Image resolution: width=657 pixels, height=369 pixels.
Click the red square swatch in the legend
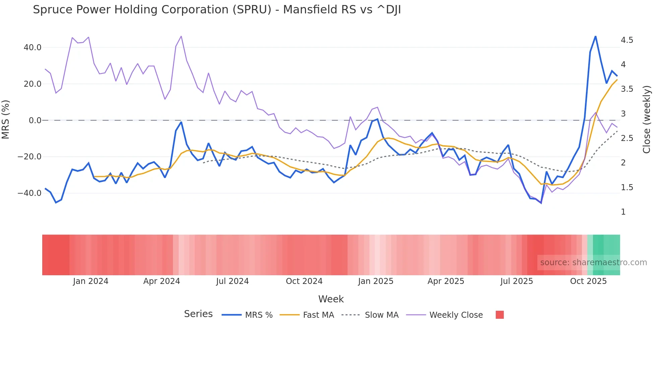pos(499,315)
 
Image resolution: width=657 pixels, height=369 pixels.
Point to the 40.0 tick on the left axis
pos(33,48)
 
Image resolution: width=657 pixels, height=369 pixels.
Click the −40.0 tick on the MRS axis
pos(29,193)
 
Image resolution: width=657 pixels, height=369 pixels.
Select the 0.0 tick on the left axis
pos(35,121)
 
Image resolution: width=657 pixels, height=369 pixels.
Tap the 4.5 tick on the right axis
pos(627,40)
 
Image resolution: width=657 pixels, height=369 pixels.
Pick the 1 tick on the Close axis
pos(623,212)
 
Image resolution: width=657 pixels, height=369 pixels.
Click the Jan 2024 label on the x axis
pos(91,281)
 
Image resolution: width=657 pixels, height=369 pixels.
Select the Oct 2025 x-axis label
pos(588,281)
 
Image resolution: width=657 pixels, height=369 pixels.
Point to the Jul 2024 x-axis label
pos(232,281)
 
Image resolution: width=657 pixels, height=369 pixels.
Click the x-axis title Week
pos(331,299)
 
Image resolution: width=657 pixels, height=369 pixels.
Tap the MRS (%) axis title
pos(6,120)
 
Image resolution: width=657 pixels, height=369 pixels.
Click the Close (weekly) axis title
pos(647,120)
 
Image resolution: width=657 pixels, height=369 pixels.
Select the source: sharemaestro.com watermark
pos(593,263)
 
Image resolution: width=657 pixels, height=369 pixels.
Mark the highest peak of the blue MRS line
pos(595,36)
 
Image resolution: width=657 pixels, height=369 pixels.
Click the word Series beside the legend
pos(198,314)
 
